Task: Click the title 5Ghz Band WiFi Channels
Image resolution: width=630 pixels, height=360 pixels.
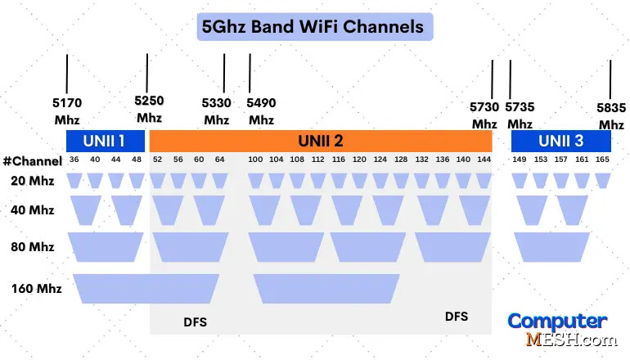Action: [x=315, y=26]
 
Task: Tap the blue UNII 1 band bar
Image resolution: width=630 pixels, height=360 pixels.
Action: [x=105, y=141]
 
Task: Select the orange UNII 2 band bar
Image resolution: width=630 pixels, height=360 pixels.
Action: [x=320, y=141]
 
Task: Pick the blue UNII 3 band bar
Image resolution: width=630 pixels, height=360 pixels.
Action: [x=560, y=141]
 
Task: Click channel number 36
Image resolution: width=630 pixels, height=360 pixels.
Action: [x=74, y=160]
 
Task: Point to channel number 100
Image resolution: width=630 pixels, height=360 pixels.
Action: [x=255, y=160]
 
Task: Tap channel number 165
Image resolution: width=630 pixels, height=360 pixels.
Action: [x=602, y=160]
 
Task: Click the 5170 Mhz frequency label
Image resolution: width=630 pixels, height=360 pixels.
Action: [x=67, y=111]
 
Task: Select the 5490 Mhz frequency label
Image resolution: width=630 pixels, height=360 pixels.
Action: [x=262, y=111]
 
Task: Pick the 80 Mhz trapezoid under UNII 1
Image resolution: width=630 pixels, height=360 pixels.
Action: [x=105, y=246]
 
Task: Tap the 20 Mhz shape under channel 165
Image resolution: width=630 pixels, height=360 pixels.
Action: [x=603, y=180]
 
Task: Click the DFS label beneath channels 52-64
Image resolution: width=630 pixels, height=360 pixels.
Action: [x=195, y=322]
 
